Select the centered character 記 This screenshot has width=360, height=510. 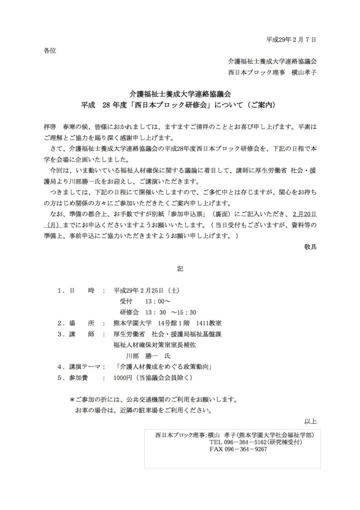click(180, 268)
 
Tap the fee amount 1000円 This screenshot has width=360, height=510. click(123, 378)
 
